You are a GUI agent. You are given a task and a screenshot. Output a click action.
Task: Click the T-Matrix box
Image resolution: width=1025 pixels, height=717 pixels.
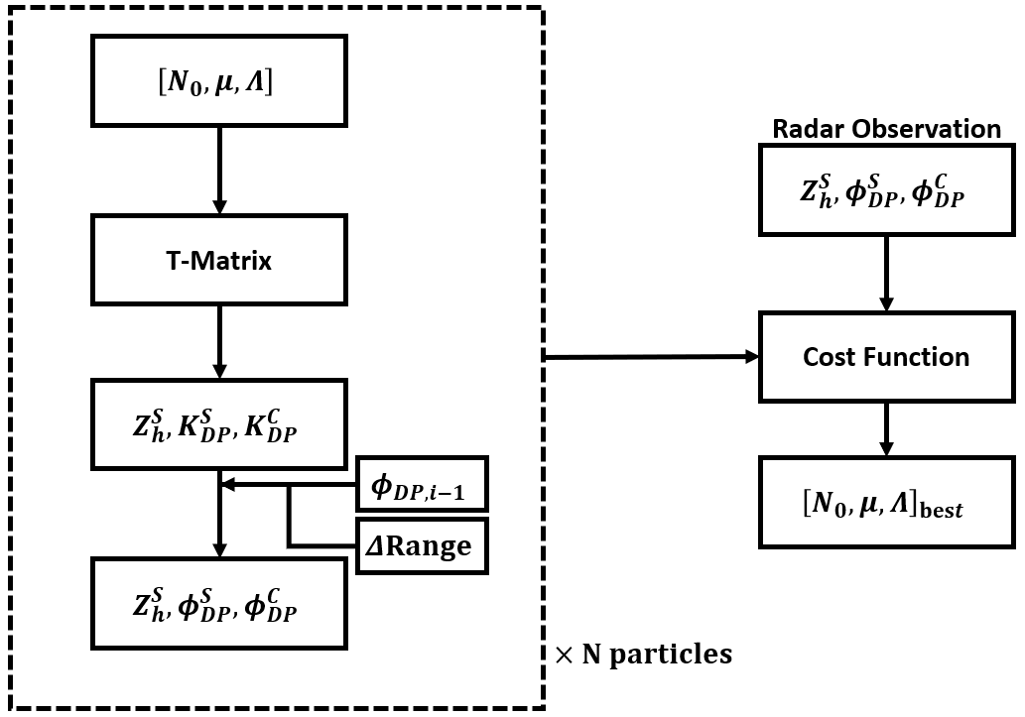219,262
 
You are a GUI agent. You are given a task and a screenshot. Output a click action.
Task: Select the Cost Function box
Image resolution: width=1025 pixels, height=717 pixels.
885,356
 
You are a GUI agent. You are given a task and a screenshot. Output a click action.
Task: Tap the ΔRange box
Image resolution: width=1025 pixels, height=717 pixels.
423,544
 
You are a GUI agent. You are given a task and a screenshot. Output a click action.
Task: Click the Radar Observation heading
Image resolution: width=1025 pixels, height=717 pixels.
886,129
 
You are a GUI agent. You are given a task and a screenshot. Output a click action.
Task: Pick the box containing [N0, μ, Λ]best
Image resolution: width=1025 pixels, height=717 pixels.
885,502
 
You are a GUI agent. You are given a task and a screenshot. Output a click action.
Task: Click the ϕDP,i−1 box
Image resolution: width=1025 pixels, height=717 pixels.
423,486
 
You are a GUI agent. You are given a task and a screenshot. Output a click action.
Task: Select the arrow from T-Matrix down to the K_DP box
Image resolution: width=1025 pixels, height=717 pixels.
219,341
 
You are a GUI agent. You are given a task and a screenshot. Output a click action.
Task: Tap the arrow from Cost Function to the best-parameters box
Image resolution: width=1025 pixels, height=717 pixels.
885,427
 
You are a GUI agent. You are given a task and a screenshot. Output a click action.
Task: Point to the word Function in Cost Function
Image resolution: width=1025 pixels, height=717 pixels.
922,356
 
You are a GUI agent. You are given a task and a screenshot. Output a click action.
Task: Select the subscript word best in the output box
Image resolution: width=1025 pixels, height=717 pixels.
940,510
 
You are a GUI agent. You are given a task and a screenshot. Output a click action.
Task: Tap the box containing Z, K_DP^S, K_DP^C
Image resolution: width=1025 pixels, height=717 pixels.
219,422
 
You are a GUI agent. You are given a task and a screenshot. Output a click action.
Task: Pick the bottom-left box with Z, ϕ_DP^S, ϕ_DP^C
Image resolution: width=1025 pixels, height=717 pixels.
219,603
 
